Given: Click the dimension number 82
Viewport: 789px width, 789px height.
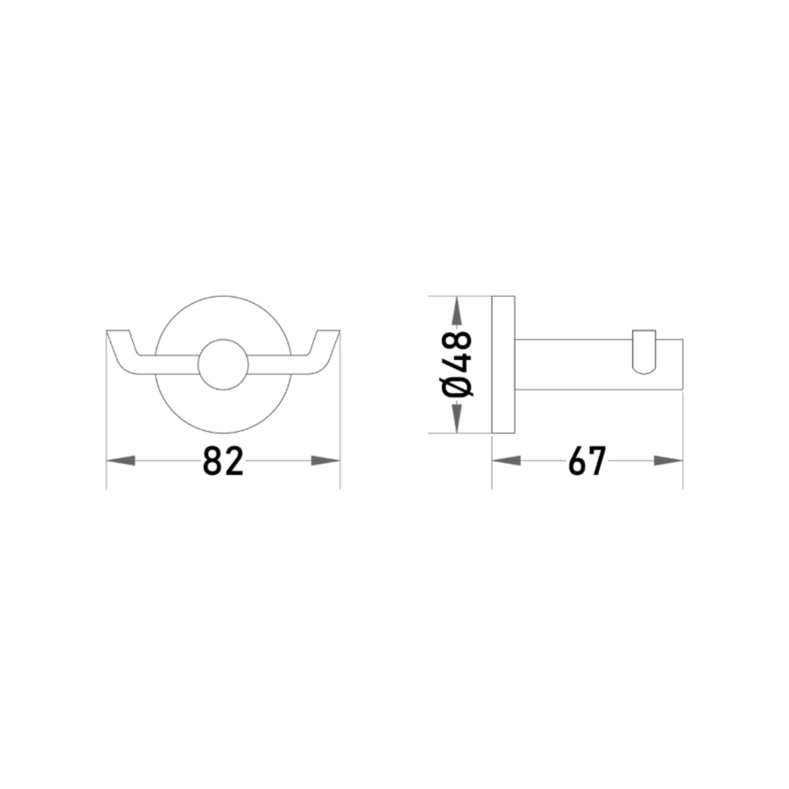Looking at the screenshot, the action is click(x=223, y=461).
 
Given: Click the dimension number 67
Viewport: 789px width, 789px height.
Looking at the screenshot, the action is click(x=587, y=461).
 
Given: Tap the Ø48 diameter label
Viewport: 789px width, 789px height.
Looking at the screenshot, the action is click(x=457, y=365).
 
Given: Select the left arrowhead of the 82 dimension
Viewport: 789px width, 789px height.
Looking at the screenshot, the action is click(x=121, y=460).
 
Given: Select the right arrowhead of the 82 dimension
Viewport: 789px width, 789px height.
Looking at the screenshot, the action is click(x=326, y=460).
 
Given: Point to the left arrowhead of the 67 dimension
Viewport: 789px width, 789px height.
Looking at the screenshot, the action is click(x=506, y=460).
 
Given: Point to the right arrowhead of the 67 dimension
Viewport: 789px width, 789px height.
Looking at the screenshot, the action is click(x=668, y=460).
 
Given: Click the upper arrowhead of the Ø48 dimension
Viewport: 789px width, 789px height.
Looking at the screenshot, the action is click(x=457, y=311).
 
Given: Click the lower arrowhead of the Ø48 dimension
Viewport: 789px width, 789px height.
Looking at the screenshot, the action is click(x=457, y=418).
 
